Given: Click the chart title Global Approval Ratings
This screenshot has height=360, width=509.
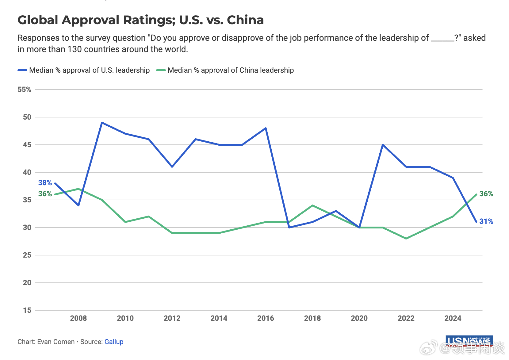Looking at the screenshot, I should pos(140,20).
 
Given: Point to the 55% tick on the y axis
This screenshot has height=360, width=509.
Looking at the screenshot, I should pos(25,90).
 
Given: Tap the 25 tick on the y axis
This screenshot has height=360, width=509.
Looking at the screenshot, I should pos(27,255).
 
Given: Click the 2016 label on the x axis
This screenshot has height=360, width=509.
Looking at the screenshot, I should pos(266,318).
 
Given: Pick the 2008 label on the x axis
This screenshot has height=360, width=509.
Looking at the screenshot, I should pos(78,318).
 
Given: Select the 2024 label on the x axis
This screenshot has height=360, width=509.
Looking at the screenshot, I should pos(453,318).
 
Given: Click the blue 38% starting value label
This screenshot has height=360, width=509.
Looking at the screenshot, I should pos(45,183).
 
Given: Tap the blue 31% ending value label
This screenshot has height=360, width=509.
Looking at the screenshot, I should pos(486,221).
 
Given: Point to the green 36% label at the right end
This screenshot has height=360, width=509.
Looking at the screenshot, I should pos(486,194).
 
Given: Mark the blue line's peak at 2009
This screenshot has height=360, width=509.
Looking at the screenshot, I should pos(102,123).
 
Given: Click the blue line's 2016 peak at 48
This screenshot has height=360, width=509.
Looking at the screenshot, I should pos(266,128).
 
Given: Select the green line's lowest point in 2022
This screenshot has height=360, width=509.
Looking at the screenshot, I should pos(406,238).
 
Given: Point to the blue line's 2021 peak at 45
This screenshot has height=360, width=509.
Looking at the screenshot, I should pos(383,145).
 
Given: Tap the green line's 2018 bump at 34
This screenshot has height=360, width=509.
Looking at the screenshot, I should pos(312,205).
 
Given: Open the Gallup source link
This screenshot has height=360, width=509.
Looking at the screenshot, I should pos(114,342).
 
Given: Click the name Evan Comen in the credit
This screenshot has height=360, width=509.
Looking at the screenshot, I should pos(56,342).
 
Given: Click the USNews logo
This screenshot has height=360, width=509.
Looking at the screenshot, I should pos(469,341).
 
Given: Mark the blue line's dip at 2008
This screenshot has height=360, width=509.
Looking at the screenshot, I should pos(78,205).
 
